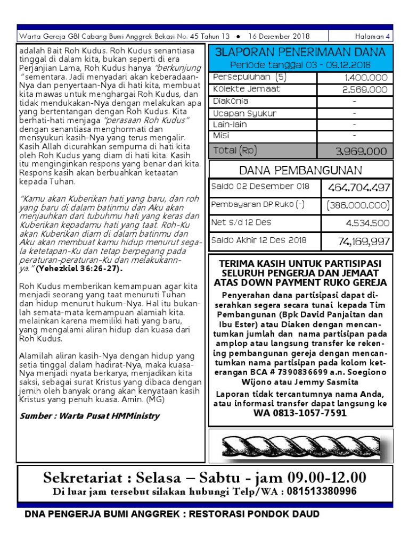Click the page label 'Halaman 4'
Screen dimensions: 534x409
coord(373,37)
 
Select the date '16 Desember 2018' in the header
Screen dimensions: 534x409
coord(279,37)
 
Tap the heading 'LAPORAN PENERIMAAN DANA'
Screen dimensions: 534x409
coord(301,52)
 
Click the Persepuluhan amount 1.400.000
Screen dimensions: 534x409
coord(365,78)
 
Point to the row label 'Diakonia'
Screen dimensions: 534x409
coord(231,101)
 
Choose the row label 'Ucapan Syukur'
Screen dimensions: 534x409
coord(244,113)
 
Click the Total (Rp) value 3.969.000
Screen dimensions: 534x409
coord(361,152)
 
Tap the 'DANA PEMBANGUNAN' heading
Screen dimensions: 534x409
coord(301,171)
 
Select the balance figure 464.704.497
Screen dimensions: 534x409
coord(359,188)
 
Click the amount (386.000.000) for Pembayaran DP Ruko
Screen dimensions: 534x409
coord(358,205)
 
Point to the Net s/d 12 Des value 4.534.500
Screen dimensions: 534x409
coord(367,223)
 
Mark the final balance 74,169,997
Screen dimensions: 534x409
coord(364,241)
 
